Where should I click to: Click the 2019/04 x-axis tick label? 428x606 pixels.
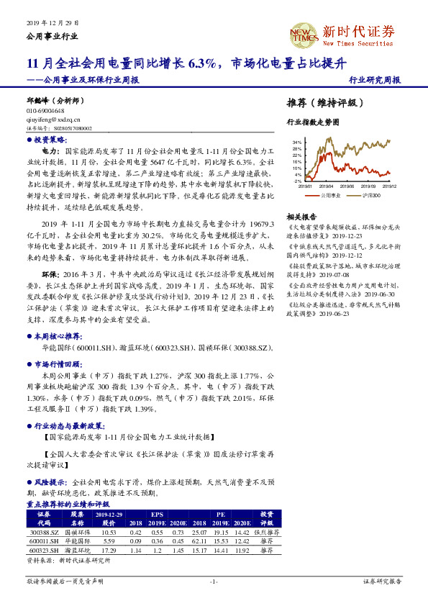point(334,186)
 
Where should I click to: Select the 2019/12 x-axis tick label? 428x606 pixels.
point(388,186)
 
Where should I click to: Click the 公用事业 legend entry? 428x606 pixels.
point(331,194)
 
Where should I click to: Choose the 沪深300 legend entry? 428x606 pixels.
point(371,194)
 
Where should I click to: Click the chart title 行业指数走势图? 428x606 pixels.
point(312,123)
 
